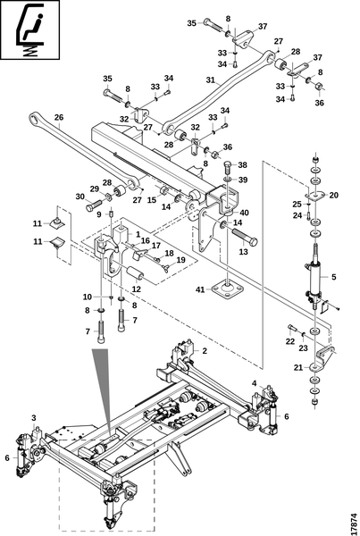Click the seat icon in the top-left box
(x=30, y=30)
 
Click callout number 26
(x=59, y=117)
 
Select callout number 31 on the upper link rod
(x=211, y=80)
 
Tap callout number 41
(x=200, y=289)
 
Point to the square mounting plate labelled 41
(x=228, y=289)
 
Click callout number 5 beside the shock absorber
(x=334, y=277)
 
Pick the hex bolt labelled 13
(x=244, y=236)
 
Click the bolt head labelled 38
(x=228, y=167)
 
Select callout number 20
(x=334, y=195)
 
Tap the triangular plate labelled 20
(x=314, y=195)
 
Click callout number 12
(x=137, y=289)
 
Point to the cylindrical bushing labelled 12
(x=136, y=273)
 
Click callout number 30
(x=80, y=197)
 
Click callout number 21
(x=298, y=367)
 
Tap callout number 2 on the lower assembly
(x=205, y=351)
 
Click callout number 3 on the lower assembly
(x=34, y=418)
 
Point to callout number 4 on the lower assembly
(x=254, y=383)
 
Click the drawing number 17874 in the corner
(x=354, y=522)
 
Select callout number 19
(x=180, y=260)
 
